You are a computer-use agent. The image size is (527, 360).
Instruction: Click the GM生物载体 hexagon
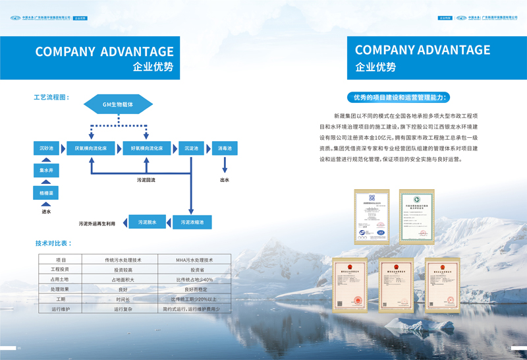(x=118, y=104)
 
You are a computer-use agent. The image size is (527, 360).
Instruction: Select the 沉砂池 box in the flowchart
(x=46, y=148)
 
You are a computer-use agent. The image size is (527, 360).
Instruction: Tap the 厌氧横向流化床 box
(x=91, y=148)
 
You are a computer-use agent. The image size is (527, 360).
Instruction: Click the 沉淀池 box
(x=192, y=148)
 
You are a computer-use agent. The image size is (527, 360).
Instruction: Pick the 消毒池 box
(x=225, y=148)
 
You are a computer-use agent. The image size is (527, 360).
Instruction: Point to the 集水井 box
(x=46, y=171)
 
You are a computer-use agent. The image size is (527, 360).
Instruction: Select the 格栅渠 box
(x=46, y=193)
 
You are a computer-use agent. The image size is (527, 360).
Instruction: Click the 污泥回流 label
(x=146, y=179)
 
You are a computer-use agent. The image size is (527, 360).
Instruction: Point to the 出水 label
(x=225, y=179)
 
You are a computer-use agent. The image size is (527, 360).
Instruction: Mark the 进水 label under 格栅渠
(x=46, y=212)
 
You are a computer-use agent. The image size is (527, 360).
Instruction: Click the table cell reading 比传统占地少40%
(x=194, y=280)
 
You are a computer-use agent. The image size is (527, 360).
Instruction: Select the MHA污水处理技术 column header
(x=194, y=260)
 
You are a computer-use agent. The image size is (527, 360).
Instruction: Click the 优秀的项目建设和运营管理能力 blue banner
(x=399, y=98)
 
